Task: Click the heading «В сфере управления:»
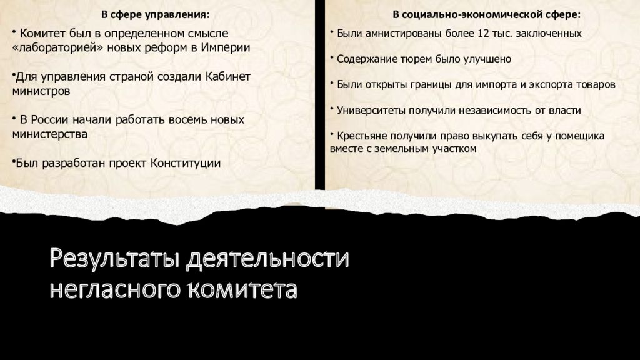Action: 155,15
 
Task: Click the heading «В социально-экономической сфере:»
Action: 486,15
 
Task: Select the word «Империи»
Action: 225,47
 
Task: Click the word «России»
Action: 50,119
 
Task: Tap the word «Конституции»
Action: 185,163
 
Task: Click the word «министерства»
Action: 50,134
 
